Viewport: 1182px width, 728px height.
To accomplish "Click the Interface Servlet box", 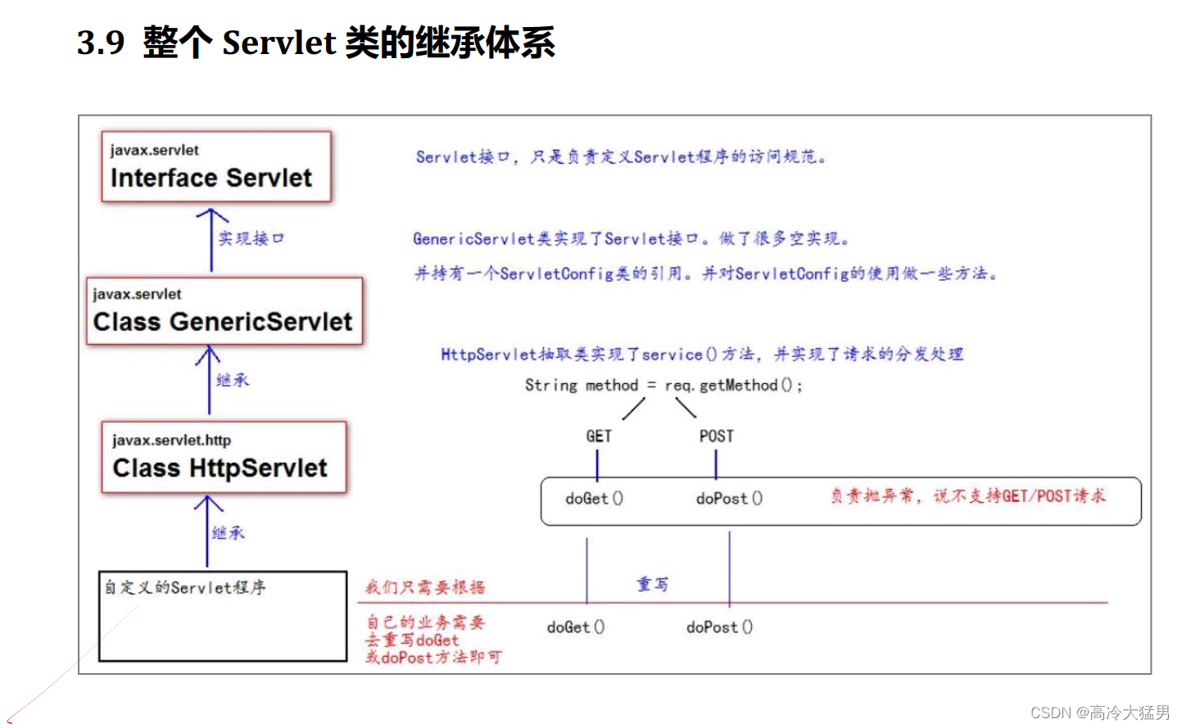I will (x=216, y=167).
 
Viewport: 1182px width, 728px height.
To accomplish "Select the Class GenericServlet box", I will (x=224, y=311).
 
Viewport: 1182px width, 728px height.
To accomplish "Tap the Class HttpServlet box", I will (x=224, y=457).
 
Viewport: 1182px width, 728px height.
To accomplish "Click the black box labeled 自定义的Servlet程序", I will (x=223, y=616).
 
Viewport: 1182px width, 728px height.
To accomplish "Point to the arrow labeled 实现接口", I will (x=211, y=239).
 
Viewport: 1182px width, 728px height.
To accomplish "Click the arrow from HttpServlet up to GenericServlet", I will (x=209, y=380).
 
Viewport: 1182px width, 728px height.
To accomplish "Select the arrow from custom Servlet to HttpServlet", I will (x=207, y=531).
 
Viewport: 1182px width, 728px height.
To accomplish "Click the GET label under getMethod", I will (x=599, y=436).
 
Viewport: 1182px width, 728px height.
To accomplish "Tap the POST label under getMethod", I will (x=716, y=436).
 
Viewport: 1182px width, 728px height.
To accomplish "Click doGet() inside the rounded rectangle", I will (x=594, y=498).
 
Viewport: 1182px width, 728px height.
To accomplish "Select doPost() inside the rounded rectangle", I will (x=729, y=498).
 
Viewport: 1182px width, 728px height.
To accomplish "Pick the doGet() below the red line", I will (x=575, y=627).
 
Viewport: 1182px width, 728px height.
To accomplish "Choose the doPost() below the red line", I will (x=719, y=627).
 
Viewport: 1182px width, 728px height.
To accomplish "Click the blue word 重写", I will (x=653, y=584).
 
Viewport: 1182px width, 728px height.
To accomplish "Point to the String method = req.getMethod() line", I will (x=663, y=385).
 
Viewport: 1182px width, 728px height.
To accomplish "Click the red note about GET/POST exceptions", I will (x=967, y=495).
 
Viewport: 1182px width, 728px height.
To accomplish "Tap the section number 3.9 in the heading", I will (x=101, y=42).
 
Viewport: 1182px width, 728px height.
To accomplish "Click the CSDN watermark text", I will (x=1099, y=712).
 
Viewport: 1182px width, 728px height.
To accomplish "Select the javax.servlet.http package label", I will (x=171, y=441).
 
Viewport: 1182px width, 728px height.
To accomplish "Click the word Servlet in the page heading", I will (x=279, y=43).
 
